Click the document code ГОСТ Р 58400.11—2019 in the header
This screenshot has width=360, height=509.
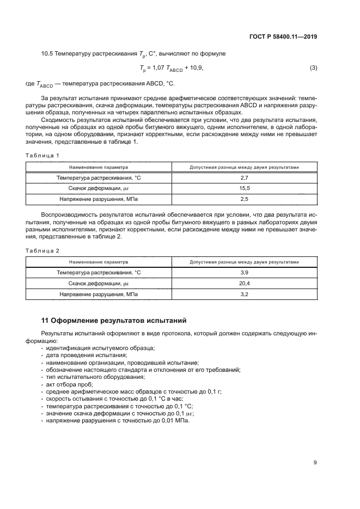284,37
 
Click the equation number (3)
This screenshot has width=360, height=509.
313,68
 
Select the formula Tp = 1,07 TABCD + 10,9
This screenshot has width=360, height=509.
171,68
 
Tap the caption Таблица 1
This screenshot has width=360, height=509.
42,155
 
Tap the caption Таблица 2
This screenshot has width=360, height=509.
42,250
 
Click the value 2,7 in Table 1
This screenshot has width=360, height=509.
244,178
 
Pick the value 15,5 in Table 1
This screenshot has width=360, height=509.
244,188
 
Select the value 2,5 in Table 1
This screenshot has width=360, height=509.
244,199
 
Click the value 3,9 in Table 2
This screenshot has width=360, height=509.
244,273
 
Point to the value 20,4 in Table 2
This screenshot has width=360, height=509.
244,284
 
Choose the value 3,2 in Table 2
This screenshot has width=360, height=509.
244,294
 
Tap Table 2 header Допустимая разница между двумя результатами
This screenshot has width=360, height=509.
244,262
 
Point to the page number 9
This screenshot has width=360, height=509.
315,463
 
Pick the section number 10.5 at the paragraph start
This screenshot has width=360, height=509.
48,54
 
